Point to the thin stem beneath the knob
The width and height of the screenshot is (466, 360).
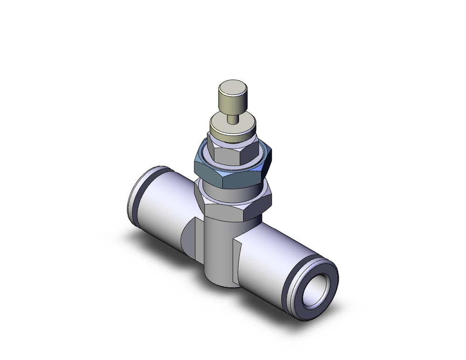pos(232,117)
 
